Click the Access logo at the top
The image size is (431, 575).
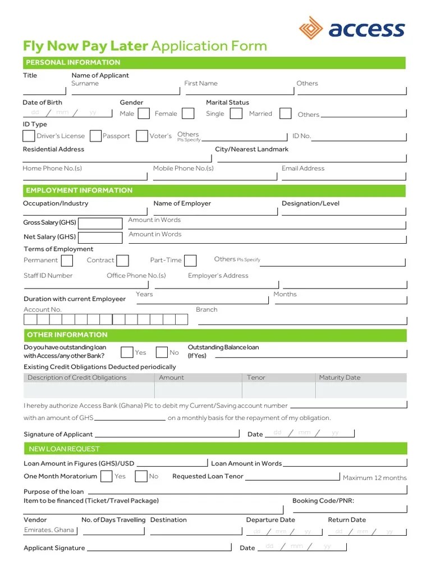click(352, 28)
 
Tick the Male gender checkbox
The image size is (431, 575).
click(144, 113)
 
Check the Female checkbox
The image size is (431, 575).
click(189, 113)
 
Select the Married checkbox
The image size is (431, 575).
click(286, 113)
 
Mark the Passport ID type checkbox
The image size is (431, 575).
click(96, 136)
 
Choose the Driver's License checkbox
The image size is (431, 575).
click(29, 136)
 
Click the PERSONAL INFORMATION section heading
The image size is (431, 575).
click(73, 62)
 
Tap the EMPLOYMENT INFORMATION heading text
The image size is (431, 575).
click(79, 190)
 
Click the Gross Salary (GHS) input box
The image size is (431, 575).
click(100, 223)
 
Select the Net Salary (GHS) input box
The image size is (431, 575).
click(100, 238)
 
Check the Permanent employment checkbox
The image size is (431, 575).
click(67, 261)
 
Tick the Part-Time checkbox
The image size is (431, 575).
click(191, 261)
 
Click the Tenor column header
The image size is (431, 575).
click(256, 377)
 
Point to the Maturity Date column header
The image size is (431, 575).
click(340, 377)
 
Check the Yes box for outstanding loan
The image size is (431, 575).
click(127, 353)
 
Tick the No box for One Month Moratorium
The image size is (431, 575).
click(141, 477)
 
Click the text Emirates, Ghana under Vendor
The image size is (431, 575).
click(49, 530)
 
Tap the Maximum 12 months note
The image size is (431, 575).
click(374, 478)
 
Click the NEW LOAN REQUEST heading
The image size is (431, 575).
click(65, 449)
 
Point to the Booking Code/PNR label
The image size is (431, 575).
click(323, 500)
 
